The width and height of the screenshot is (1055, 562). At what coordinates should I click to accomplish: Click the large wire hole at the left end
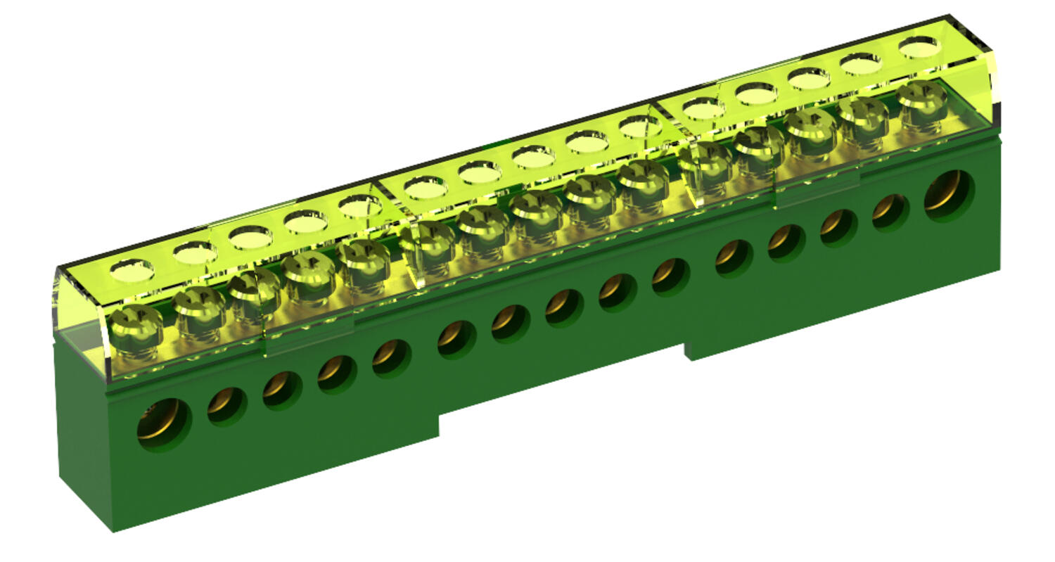pos(163,424)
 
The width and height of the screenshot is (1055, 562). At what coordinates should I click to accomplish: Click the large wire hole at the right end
pos(949,195)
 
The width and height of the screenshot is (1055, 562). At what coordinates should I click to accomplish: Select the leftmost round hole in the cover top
pos(132,269)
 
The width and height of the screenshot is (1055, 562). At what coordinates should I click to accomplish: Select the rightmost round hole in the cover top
pos(919,46)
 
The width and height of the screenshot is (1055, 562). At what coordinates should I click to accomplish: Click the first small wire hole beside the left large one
pos(226,406)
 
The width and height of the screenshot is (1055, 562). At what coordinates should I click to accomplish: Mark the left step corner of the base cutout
pos(439,416)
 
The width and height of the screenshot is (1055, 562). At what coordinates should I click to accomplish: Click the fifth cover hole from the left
pos(360,205)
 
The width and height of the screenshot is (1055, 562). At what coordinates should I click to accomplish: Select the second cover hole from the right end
pos(862,64)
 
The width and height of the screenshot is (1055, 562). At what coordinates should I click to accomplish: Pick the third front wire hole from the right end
pos(838,226)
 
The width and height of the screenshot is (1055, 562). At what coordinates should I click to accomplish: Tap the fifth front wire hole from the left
pos(392,357)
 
